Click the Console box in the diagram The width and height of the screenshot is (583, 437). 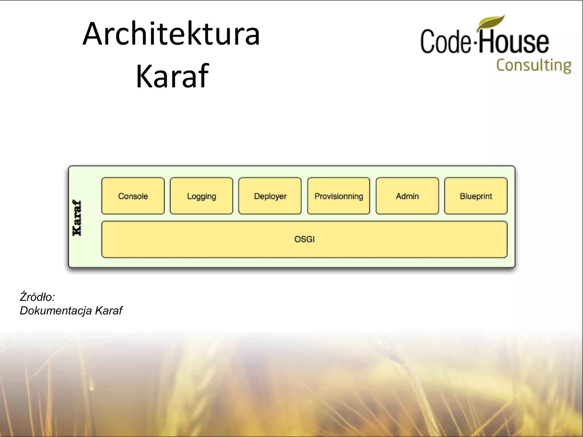133,196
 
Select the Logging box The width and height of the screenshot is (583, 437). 202,196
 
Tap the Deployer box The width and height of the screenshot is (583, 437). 270,196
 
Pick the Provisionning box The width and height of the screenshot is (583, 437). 339,196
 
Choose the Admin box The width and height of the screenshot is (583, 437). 407,196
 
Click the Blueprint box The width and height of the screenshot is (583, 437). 476,196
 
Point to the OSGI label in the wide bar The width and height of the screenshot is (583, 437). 304,239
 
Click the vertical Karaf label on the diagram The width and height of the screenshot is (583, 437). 77,218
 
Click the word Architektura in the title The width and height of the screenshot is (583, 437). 171,34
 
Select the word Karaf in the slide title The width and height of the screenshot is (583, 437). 172,76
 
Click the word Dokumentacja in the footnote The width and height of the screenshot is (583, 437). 56,310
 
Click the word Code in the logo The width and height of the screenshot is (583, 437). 446,42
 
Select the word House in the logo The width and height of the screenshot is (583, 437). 514,42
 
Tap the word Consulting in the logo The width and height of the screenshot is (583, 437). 534,65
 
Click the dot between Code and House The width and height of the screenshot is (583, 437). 474,44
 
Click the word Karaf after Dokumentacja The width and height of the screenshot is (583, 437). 108,310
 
